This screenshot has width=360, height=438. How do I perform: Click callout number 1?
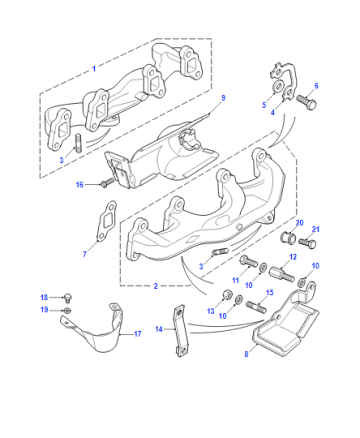(94, 69)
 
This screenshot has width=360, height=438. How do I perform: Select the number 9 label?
(223, 98)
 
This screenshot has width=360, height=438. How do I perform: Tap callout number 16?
(79, 184)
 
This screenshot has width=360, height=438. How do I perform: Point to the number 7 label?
(85, 254)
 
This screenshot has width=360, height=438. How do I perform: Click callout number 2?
(156, 286)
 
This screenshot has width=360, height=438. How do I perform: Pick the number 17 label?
(138, 334)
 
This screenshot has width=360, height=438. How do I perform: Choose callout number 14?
(159, 329)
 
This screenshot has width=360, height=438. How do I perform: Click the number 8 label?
(246, 354)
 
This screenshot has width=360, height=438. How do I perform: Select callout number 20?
(300, 223)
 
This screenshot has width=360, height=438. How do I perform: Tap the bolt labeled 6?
(306, 102)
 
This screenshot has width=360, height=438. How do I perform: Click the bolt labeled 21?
(307, 242)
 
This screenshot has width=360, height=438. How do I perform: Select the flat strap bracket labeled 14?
(180, 331)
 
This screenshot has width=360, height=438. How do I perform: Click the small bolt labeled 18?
(68, 297)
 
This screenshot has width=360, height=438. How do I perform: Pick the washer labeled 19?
(67, 311)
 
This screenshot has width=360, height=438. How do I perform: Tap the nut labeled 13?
(228, 295)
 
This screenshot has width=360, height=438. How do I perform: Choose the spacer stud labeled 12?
(282, 273)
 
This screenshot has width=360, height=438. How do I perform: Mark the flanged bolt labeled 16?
(107, 182)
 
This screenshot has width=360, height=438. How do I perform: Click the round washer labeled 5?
(276, 87)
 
